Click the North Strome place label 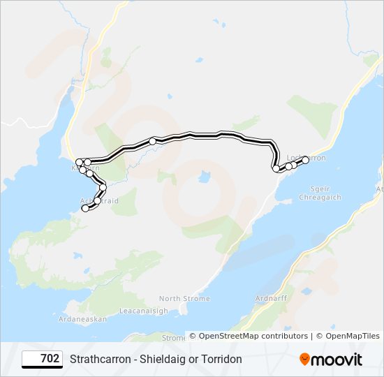click(x=184, y=299)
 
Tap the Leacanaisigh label click(x=144, y=311)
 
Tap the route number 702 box click(x=42, y=359)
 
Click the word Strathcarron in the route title click(x=101, y=359)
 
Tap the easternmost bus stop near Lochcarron click(x=305, y=160)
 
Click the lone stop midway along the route click(x=152, y=141)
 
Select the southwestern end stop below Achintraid click(x=85, y=208)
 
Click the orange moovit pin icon click(x=305, y=360)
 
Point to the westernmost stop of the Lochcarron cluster click(x=276, y=168)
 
